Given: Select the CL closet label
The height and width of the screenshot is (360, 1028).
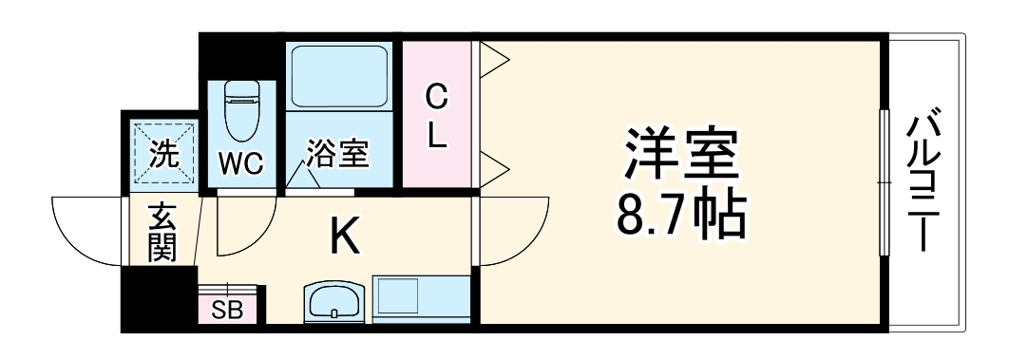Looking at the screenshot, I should (435, 116).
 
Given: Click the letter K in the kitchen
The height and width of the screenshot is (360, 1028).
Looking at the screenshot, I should (344, 237).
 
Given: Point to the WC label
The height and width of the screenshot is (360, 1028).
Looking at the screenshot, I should (241, 163).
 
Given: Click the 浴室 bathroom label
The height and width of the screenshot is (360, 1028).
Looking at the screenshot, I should (337, 154).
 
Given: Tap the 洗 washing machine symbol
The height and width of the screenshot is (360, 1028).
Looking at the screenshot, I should (163, 154).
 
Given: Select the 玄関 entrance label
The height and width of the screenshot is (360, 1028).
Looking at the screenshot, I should (162, 234).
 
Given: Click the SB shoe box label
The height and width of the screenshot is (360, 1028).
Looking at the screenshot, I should (226, 310).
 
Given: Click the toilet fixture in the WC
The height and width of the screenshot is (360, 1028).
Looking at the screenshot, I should (241, 108).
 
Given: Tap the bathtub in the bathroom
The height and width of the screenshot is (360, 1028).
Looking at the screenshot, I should (338, 76).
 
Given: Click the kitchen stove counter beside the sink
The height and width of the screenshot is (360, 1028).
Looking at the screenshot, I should (420, 301).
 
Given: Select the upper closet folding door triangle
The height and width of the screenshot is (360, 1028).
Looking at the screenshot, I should (493, 63).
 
